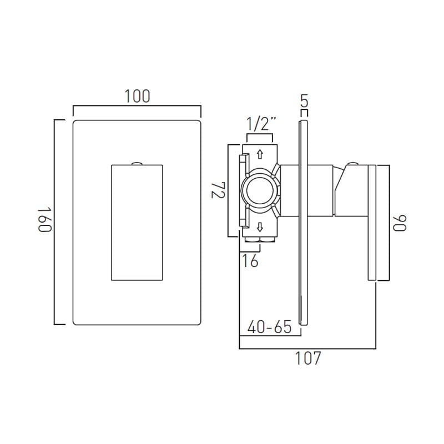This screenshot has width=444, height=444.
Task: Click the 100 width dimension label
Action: [137, 96]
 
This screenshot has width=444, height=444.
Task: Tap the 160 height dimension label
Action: [45, 220]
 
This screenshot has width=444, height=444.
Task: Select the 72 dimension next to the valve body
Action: [218, 190]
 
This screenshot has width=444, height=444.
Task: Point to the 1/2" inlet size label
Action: [260, 124]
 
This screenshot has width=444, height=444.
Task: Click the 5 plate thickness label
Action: [304, 101]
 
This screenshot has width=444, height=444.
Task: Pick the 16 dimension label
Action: [250, 261]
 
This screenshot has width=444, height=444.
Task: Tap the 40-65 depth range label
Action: [269, 327]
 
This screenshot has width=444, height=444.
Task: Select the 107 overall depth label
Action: [308, 358]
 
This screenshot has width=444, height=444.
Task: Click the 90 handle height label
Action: [400, 223]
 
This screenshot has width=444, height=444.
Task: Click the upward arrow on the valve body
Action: [260, 154]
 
